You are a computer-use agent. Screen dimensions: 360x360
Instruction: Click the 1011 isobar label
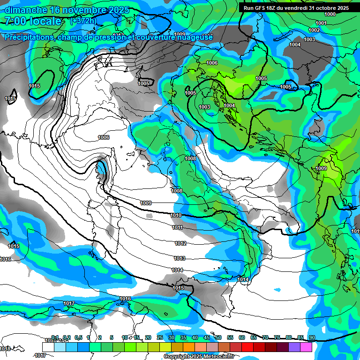pos(177,227)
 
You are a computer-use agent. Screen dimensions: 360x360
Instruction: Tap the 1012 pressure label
pos(180,243)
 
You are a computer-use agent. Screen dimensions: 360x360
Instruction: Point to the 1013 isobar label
pos(180,258)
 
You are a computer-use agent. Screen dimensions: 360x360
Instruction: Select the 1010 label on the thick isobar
pos(176,215)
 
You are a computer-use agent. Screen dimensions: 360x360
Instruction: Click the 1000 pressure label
pos(330,14)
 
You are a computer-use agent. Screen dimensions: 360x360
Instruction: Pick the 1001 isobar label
pos(321,23)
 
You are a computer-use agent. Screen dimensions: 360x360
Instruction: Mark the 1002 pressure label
pos(314,30)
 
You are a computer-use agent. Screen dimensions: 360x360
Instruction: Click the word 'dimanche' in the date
pos(24,10)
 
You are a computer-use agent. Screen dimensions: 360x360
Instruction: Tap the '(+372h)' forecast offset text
pos(84,21)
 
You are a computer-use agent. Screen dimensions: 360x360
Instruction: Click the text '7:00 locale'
pos(33,22)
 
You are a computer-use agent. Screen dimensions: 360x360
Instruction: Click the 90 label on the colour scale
pos(312,337)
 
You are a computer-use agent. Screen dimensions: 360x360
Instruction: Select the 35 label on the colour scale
pos(183,337)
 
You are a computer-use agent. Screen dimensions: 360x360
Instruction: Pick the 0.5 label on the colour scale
pos(78,337)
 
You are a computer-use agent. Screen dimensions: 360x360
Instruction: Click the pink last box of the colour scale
pos(306,347)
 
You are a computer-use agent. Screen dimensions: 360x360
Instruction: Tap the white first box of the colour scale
pos(48,347)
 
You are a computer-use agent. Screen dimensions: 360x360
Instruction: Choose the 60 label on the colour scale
pos(242,337)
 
